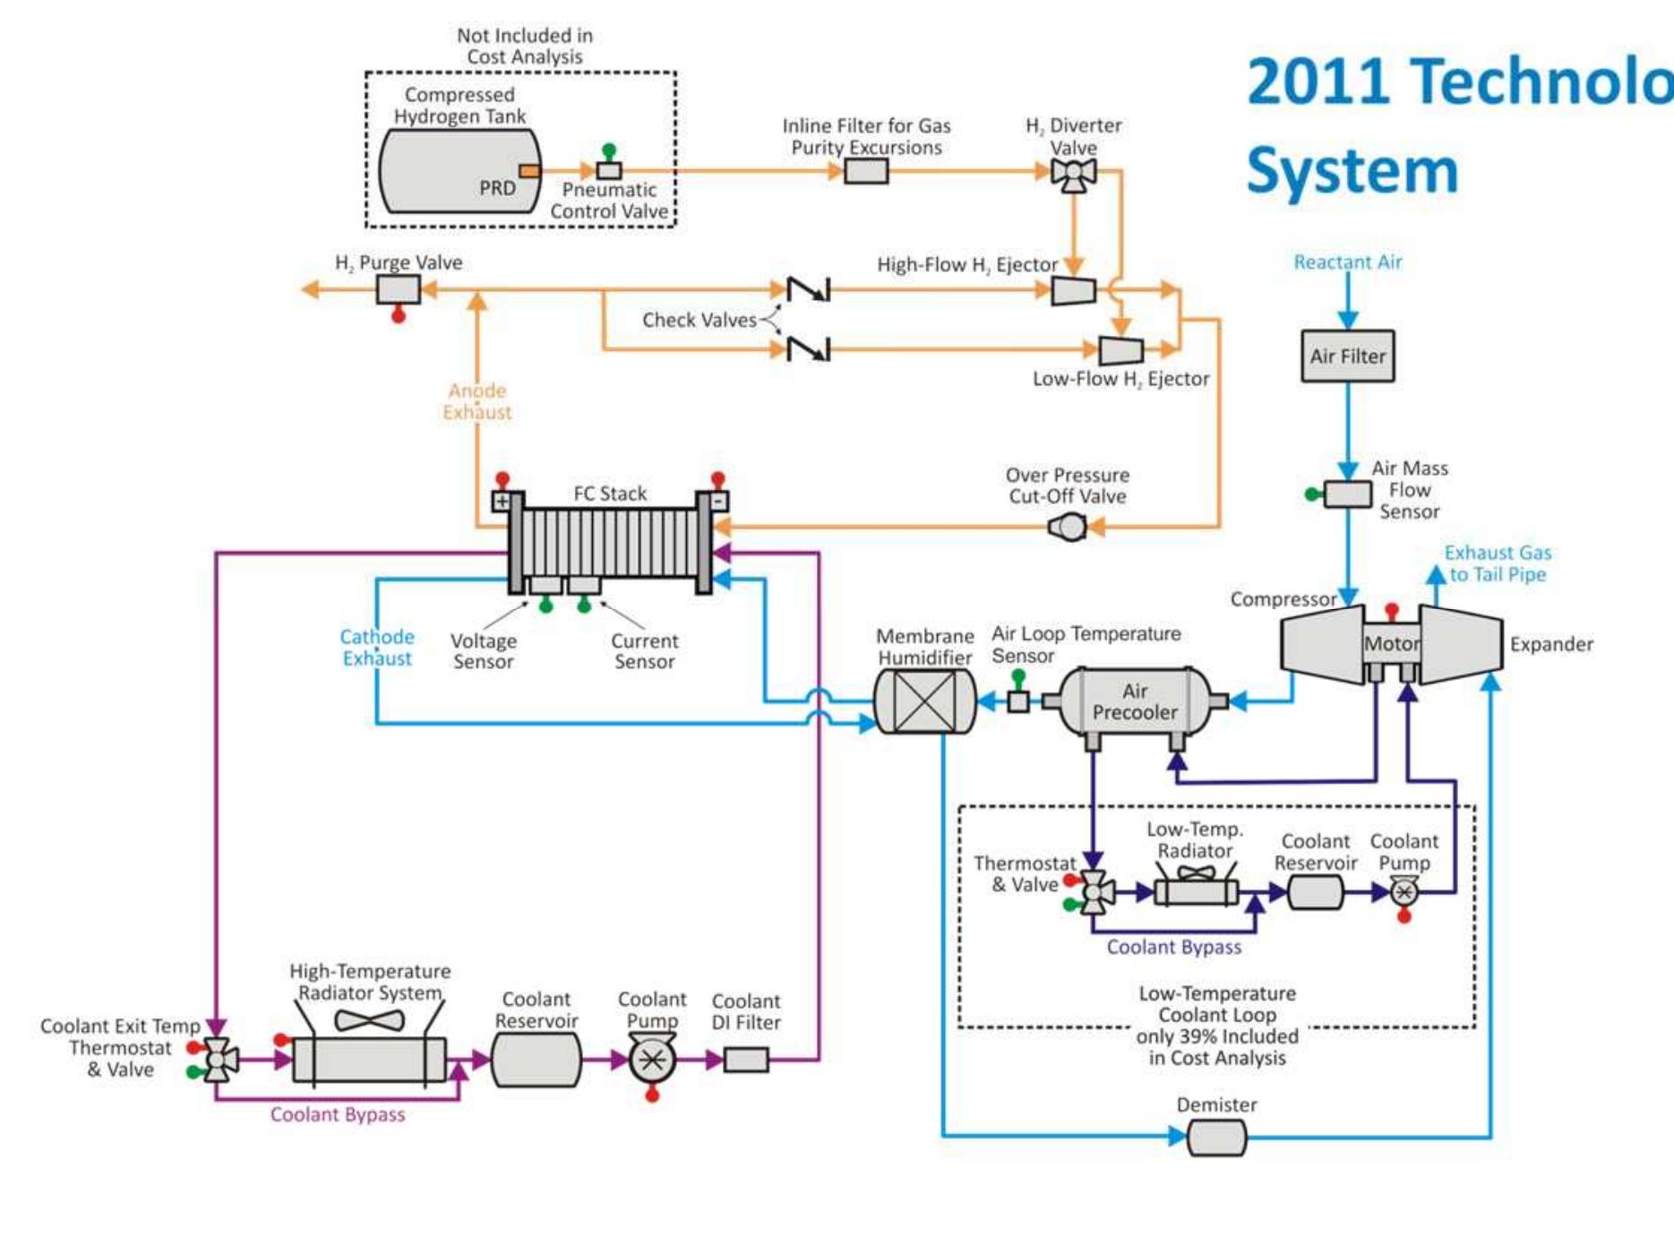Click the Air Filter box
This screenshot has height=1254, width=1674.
(x=1347, y=356)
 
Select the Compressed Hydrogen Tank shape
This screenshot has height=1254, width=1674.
(x=459, y=170)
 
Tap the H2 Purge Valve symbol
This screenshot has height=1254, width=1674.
(x=398, y=289)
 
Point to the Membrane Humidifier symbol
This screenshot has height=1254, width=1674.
(x=924, y=701)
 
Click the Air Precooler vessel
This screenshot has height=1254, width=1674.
(x=1134, y=701)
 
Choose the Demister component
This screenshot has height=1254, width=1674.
(x=1215, y=1138)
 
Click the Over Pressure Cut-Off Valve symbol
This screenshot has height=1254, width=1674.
(x=1068, y=527)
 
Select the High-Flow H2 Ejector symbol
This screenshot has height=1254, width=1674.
(x=1072, y=290)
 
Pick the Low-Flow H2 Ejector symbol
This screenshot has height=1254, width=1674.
(x=1120, y=350)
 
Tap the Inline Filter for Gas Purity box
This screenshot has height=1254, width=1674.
(x=866, y=170)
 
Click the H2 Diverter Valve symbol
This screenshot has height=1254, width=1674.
(x=1073, y=173)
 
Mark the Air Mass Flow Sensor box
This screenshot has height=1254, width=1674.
(x=1347, y=494)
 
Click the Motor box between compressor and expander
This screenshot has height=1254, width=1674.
(x=1391, y=643)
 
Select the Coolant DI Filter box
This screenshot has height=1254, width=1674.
(x=746, y=1060)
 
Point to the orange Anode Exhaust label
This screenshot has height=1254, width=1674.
(x=477, y=401)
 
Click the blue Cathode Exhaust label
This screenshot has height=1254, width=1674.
(x=376, y=647)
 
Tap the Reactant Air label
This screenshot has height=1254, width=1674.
(x=1347, y=262)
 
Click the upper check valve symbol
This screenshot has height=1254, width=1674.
(x=808, y=289)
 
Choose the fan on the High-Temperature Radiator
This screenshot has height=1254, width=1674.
(x=369, y=1020)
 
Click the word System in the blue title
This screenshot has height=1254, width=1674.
(x=1352, y=170)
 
